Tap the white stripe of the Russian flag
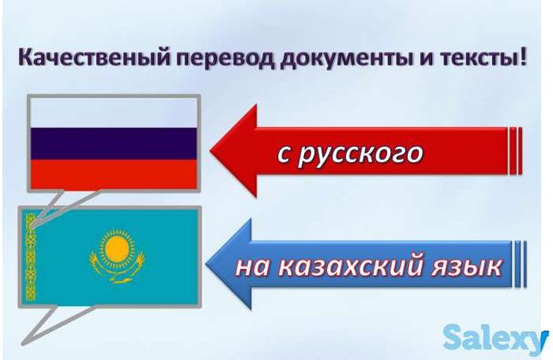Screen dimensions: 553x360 tap(113, 113)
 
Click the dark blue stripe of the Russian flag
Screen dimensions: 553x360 tap(113, 143)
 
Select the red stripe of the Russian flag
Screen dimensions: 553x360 tap(113, 174)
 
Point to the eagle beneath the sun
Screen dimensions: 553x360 tap(117, 268)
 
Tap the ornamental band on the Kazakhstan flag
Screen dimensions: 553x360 tap(31, 257)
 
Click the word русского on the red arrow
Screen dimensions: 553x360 tap(360, 155)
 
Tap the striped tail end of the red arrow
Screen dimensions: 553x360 tap(515, 150)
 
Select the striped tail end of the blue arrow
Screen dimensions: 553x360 tap(520, 264)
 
